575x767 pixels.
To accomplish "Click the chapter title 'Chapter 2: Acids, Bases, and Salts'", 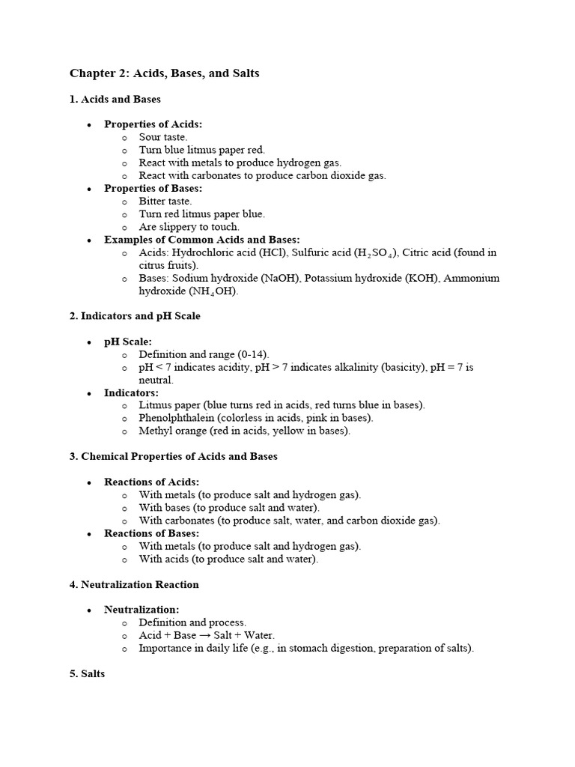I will [165, 73].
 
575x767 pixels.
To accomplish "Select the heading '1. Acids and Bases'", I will [115, 99].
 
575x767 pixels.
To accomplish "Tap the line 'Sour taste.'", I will [163, 138].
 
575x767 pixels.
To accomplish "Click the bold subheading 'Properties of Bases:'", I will [153, 189].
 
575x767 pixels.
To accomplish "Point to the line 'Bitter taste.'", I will [165, 201].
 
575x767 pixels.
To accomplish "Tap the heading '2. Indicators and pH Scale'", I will [135, 316].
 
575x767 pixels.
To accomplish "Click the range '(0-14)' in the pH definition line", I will [253, 354].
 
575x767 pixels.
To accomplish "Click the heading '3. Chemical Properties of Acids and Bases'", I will [174, 456].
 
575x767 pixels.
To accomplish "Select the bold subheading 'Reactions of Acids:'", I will [152, 482].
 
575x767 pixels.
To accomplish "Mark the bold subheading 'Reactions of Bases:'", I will [152, 533].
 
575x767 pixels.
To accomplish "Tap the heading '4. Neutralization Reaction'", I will [134, 584].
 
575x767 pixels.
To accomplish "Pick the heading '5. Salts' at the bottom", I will [88, 674].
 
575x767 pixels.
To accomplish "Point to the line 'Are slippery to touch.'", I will [189, 227].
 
